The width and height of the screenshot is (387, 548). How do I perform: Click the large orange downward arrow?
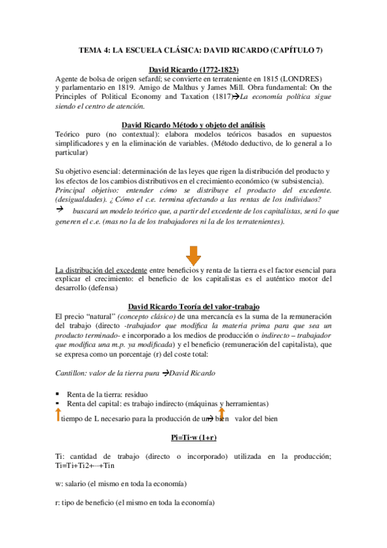coord(194,253)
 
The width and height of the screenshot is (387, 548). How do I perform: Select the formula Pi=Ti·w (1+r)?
coord(194,437)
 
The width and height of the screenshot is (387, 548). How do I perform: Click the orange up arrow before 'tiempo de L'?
coord(57,414)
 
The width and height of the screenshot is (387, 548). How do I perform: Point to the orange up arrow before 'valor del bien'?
coord(221,414)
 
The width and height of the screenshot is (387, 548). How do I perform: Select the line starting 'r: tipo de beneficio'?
coord(136,502)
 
